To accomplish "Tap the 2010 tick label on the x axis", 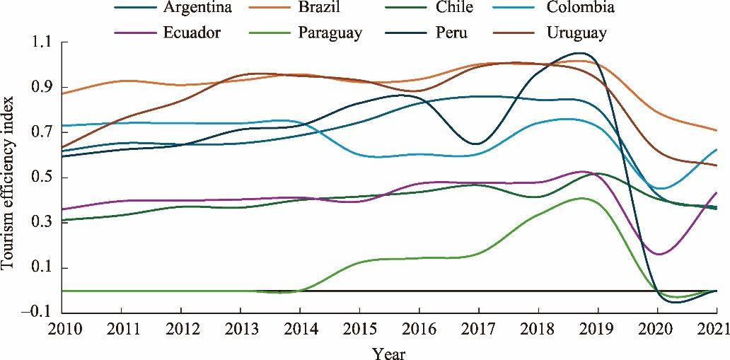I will [62, 329].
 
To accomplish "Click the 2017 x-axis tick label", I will [479, 329].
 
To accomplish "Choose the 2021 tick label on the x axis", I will [716, 329].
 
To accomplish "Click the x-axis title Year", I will [389, 352].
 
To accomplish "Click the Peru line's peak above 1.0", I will [580, 53].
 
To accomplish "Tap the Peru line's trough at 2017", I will [476, 144].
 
